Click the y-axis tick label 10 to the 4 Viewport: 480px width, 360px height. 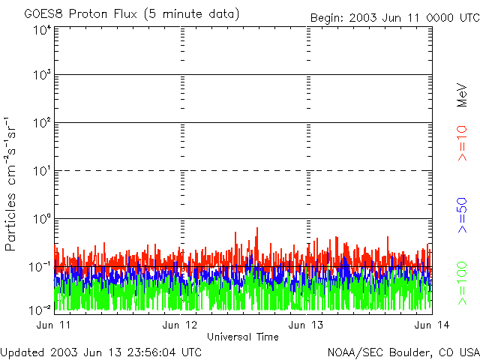[x=41, y=29]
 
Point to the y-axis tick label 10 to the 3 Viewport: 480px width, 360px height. [x=41, y=75]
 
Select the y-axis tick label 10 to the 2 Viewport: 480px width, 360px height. [x=41, y=123]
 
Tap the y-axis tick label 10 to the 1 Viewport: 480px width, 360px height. [x=41, y=171]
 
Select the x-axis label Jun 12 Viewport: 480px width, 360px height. [x=180, y=325]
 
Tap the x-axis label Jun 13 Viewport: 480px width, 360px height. [x=306, y=325]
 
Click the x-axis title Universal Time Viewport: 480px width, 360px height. [x=242, y=337]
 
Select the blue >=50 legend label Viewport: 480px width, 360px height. [x=463, y=214]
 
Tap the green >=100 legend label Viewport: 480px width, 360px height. [x=463, y=283]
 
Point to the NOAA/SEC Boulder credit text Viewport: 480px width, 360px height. [x=403, y=351]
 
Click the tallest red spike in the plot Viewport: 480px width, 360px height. [x=257, y=229]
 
